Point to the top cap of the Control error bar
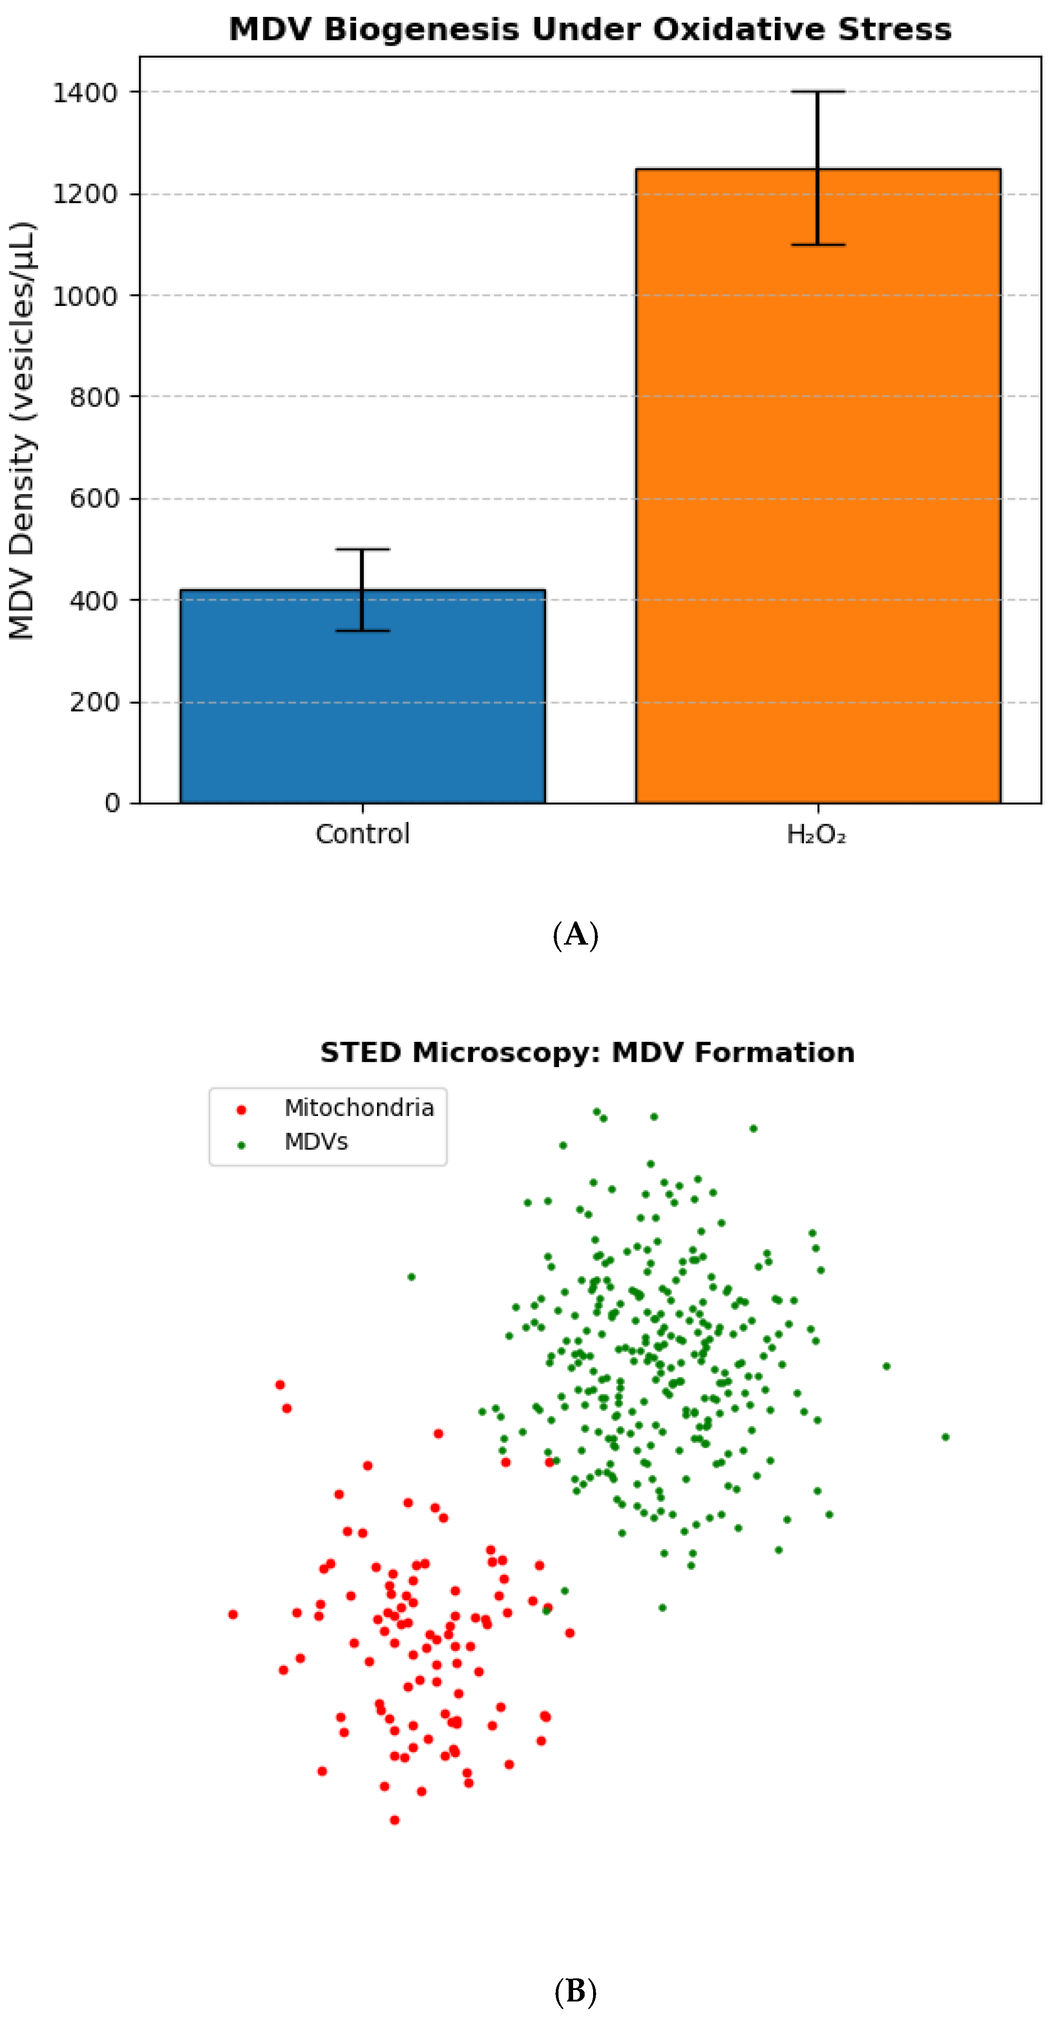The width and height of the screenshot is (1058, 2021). point(362,549)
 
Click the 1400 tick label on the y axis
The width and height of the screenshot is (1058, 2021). point(85,93)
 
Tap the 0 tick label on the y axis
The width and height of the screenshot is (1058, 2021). point(112,803)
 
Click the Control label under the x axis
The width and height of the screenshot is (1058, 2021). point(362,834)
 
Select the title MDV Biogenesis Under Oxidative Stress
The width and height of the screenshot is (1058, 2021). point(590,30)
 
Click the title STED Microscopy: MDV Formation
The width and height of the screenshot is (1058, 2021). point(586,1052)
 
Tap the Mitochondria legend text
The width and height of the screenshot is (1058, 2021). point(358,1108)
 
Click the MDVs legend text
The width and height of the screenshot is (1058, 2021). point(315,1142)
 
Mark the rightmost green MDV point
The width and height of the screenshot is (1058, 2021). point(945,1437)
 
